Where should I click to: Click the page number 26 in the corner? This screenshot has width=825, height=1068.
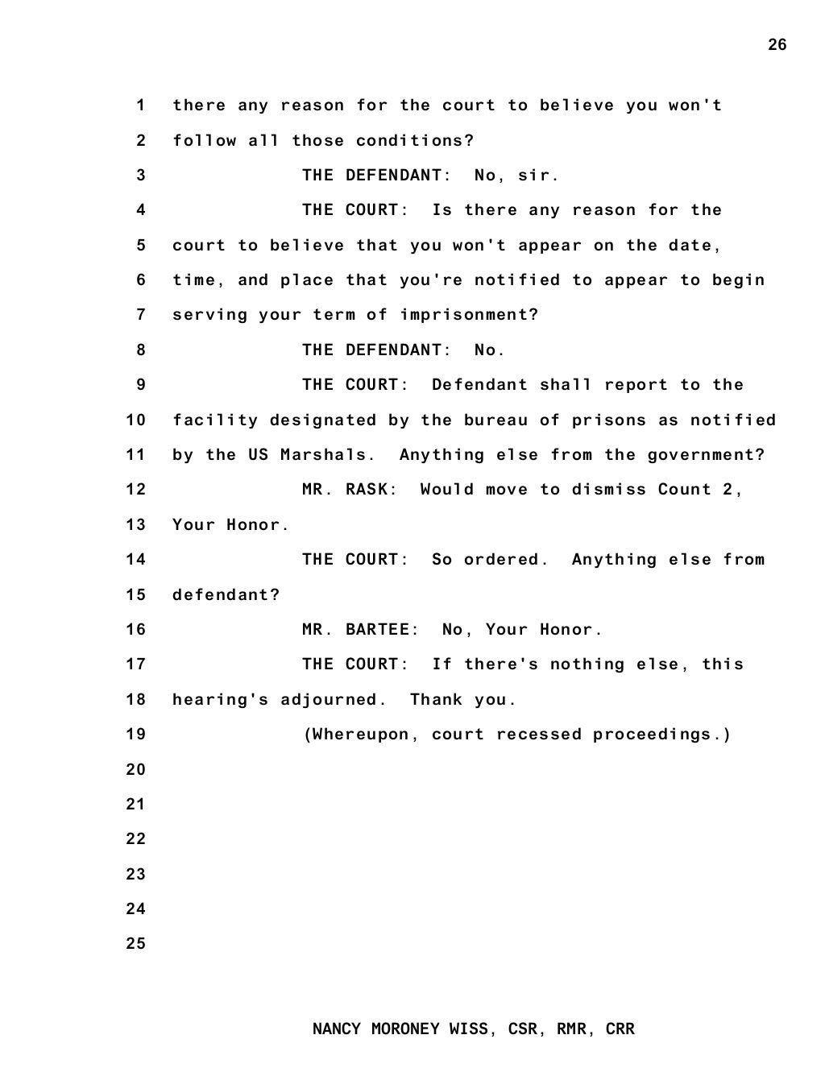click(x=777, y=45)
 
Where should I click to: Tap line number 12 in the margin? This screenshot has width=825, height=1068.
click(x=136, y=490)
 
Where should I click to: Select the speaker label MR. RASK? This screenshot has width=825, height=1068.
click(x=350, y=490)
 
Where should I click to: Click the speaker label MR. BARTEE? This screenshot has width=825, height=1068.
click(x=360, y=630)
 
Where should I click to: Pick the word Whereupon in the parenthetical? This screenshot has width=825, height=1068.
click(x=360, y=735)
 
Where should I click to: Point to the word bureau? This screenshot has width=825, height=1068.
click(x=495, y=420)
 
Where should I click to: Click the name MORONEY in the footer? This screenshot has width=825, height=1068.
click(x=405, y=1029)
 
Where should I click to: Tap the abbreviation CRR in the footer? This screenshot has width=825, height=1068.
click(x=620, y=1029)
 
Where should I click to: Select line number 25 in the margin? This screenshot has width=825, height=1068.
click(x=136, y=944)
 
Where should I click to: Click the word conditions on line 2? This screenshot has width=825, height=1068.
click(x=415, y=141)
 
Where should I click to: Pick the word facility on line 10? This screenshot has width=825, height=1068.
click(x=215, y=420)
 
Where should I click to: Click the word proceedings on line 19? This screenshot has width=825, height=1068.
click(x=662, y=735)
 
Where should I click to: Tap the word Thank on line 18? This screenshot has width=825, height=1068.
click(x=436, y=700)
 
